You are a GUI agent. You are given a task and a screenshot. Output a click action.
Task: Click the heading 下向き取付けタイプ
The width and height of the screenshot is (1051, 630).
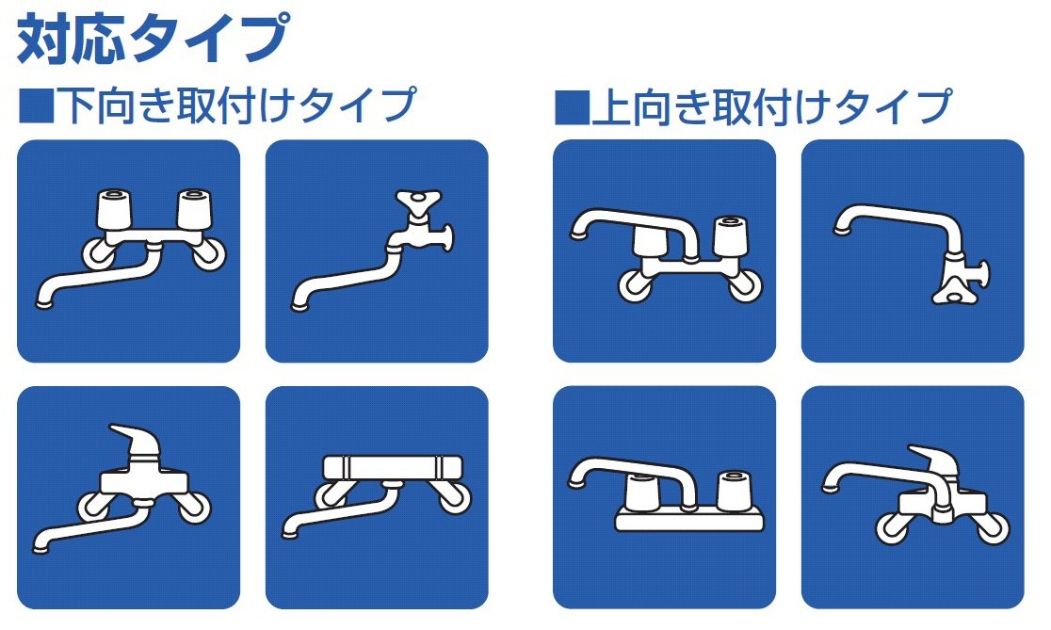click(236, 105)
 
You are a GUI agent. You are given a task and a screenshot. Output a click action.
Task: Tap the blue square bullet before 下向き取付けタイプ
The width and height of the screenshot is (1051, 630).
click(36, 106)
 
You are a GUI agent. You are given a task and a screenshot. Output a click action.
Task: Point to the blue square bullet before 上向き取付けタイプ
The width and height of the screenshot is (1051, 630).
click(571, 107)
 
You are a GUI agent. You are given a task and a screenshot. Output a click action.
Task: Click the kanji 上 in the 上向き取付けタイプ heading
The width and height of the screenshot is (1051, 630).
click(611, 106)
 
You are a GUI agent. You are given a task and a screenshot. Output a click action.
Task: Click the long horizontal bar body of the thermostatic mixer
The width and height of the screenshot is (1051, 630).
click(393, 467)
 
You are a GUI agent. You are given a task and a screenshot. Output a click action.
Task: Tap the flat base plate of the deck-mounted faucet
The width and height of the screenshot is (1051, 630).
click(689, 520)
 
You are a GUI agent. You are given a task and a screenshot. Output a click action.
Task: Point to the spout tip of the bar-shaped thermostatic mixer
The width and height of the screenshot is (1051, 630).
click(290, 534)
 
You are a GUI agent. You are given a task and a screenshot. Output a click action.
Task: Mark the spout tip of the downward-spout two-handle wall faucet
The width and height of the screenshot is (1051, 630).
click(44, 304)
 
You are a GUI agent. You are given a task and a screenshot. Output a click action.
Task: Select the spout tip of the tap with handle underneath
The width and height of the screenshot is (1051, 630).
click(841, 232)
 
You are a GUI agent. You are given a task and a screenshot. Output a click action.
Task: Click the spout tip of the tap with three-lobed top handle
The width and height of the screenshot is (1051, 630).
click(299, 307)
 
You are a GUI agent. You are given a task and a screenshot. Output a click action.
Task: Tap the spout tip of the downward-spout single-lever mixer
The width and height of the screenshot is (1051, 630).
click(40, 549)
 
